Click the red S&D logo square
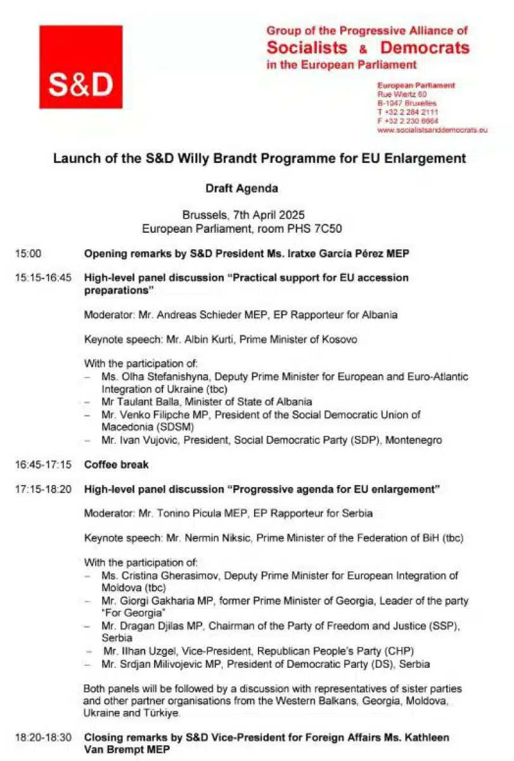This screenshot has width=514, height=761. pos(80,67)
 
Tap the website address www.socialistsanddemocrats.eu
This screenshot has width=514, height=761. pos(432,129)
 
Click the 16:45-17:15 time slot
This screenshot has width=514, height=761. pos(43,465)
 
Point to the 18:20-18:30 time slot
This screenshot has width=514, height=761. pos(43,738)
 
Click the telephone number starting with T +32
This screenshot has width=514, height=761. pos(408,112)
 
